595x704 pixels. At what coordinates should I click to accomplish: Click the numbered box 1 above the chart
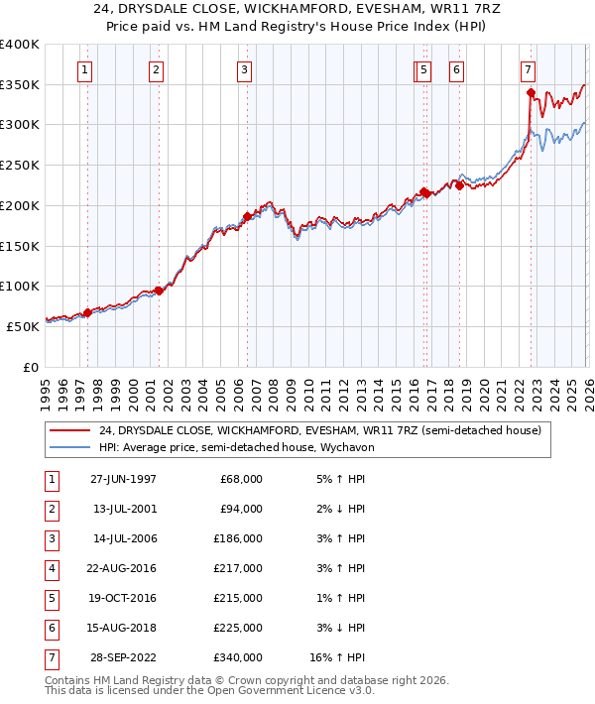pyautogui.click(x=85, y=70)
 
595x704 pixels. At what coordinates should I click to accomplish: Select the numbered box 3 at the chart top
pyautogui.click(x=244, y=70)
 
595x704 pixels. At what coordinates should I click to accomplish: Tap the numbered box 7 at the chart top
pyautogui.click(x=529, y=70)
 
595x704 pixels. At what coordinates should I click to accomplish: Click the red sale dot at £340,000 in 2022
pyautogui.click(x=532, y=93)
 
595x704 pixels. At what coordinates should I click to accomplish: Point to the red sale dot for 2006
pyautogui.click(x=247, y=216)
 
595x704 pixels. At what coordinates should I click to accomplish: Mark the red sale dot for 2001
pyautogui.click(x=159, y=291)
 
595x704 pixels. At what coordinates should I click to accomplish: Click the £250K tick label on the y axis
pyautogui.click(x=19, y=166)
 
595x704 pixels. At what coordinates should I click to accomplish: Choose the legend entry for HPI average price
pyautogui.click(x=233, y=447)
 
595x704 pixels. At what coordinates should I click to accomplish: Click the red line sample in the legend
pyautogui.click(x=69, y=430)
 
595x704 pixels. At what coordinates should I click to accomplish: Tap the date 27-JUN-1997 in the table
pyautogui.click(x=123, y=479)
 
